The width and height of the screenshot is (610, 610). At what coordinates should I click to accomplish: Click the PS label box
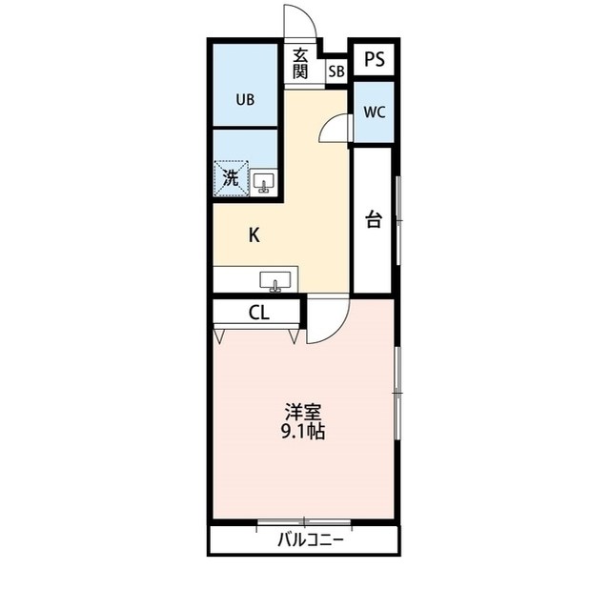click(375, 58)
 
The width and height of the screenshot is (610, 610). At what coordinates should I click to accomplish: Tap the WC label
click(375, 112)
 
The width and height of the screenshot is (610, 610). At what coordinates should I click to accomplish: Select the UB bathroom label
click(246, 97)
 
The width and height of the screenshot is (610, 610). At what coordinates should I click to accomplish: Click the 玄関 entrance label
click(301, 62)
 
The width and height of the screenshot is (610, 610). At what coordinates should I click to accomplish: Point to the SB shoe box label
click(336, 71)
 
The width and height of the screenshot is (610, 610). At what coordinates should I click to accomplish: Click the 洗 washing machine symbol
click(231, 177)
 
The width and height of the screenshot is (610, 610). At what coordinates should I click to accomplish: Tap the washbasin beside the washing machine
click(264, 181)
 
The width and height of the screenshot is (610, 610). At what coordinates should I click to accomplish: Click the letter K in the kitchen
click(254, 234)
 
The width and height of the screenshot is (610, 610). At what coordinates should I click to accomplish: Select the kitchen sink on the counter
click(276, 281)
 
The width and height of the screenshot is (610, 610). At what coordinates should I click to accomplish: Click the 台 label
click(374, 220)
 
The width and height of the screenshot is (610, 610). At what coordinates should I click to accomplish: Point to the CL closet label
click(259, 313)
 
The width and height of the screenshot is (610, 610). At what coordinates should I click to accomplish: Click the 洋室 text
click(304, 412)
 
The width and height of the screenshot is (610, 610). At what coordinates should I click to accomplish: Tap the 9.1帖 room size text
click(304, 431)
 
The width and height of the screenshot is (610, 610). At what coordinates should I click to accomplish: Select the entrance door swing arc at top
click(297, 21)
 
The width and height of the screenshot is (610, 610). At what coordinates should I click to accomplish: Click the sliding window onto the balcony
click(304, 521)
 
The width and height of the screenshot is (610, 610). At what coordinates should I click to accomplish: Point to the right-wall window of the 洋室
click(397, 392)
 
